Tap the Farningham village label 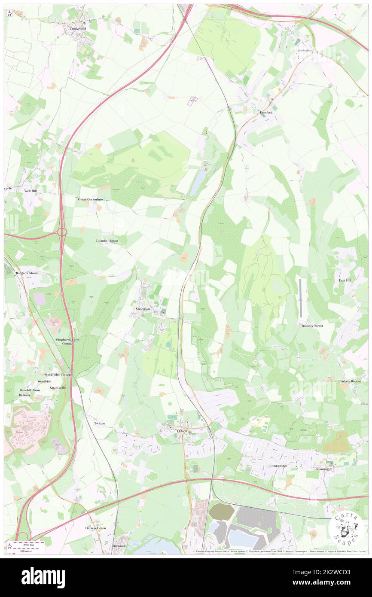(x=305, y=50)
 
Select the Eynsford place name (x=266, y=112)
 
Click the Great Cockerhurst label (x=91, y=200)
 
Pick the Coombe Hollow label (x=107, y=241)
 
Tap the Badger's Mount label (x=27, y=273)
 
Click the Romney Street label (x=312, y=326)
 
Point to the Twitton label (x=100, y=423)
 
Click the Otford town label (x=182, y=431)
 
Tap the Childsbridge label (x=277, y=466)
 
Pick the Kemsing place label (x=323, y=469)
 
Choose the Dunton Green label (x=96, y=528)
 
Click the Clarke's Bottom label (x=350, y=381)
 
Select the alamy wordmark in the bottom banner (x=43, y=577)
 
